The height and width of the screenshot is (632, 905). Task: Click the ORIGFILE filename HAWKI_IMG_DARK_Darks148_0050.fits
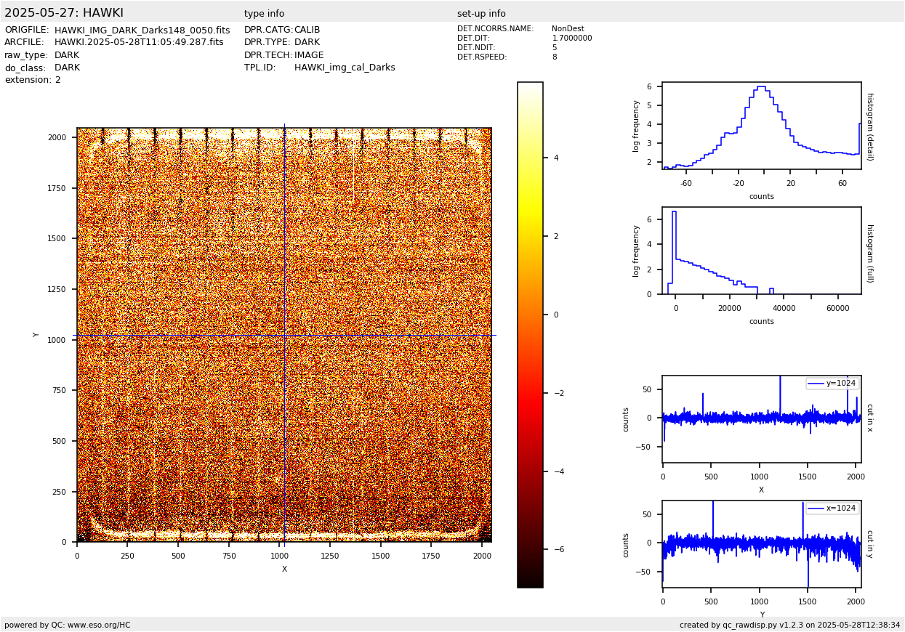pyautogui.click(x=142, y=31)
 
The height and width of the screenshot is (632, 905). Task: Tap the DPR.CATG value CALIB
pyautogui.click(x=307, y=31)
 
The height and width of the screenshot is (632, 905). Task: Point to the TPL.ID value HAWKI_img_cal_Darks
pyautogui.click(x=345, y=68)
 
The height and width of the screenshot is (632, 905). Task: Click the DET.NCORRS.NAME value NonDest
pyautogui.click(x=568, y=29)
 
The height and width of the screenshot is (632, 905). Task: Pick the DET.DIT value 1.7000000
pyautogui.click(x=571, y=39)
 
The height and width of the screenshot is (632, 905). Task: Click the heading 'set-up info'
pyautogui.click(x=481, y=14)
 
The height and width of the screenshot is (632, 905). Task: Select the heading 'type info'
pyautogui.click(x=264, y=14)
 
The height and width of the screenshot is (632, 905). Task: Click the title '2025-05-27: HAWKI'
pyautogui.click(x=64, y=13)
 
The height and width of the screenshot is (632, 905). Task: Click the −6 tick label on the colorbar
pyautogui.click(x=558, y=550)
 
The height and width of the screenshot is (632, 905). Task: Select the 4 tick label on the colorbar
pyautogui.click(x=555, y=158)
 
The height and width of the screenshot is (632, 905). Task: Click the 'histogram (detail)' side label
pyautogui.click(x=869, y=126)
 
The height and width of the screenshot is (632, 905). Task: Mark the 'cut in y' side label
pyautogui.click(x=869, y=544)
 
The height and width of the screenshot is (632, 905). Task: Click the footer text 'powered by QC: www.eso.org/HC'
pyautogui.click(x=67, y=625)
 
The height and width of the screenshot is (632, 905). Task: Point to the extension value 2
pyautogui.click(x=58, y=80)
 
